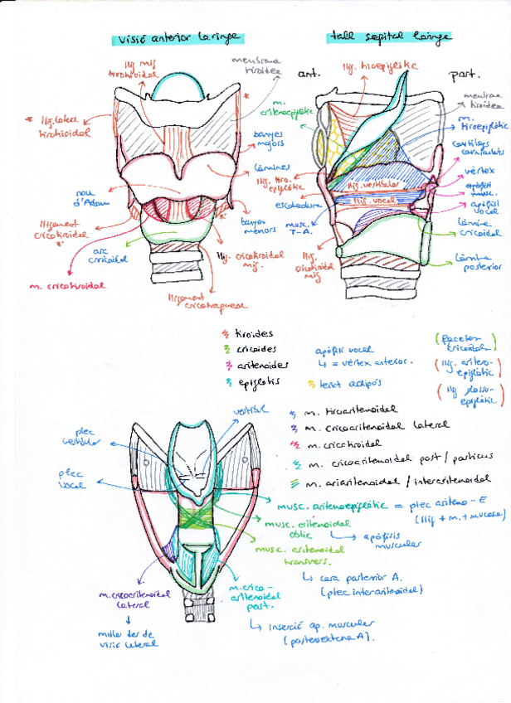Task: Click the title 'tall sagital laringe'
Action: pos(389,36)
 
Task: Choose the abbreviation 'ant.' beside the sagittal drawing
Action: pos(308,75)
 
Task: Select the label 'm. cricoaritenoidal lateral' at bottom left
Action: pos(129,599)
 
